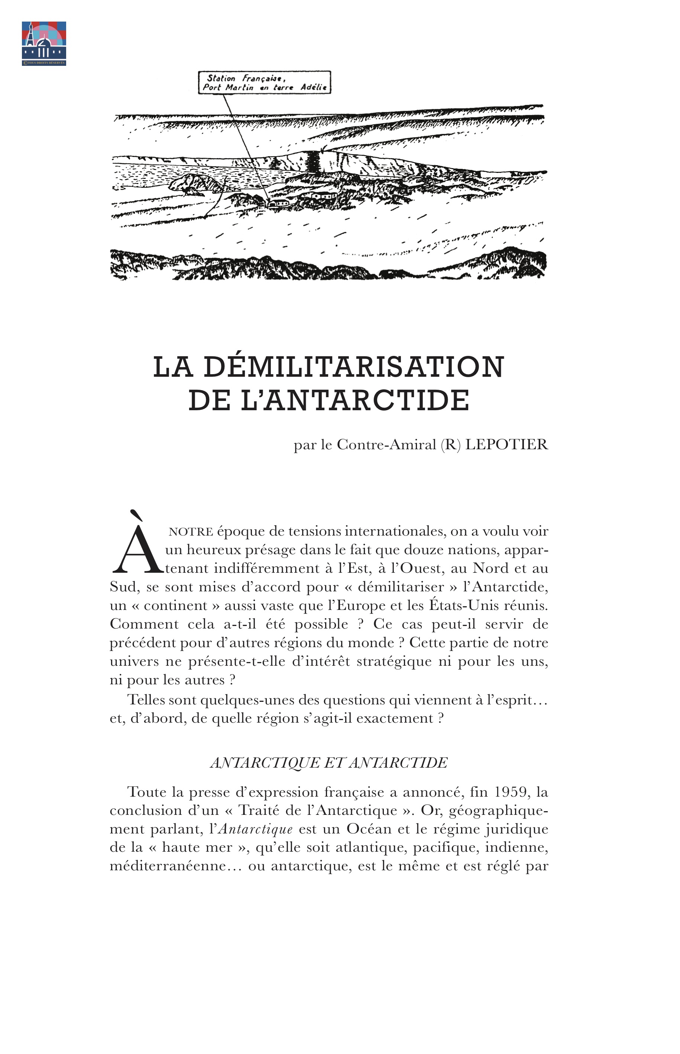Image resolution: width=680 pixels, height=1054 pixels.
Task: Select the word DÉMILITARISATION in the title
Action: tap(354, 367)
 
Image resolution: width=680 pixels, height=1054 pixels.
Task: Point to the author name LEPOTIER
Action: tap(507, 444)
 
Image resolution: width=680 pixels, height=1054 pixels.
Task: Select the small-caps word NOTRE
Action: tap(191, 531)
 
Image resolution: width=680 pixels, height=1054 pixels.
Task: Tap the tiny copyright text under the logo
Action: tap(44, 63)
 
